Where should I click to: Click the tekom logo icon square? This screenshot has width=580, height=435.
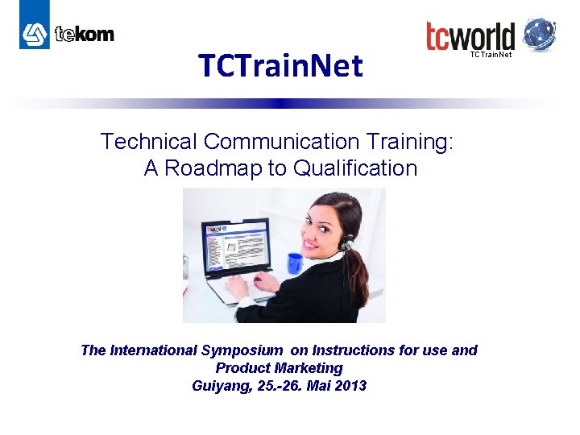[35, 33]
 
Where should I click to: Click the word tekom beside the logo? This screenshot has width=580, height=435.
[85, 34]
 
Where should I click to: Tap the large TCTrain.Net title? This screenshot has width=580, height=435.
[280, 66]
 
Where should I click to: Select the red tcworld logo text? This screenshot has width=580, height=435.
[470, 36]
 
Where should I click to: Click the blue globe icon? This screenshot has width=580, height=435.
[540, 35]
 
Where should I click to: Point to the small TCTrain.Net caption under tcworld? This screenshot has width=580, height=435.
[491, 55]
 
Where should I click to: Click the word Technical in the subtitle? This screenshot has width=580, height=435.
[149, 142]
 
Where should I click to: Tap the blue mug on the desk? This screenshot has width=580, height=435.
[295, 263]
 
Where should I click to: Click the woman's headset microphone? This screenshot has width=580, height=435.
[344, 245]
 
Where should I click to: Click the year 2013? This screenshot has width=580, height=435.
[350, 386]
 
